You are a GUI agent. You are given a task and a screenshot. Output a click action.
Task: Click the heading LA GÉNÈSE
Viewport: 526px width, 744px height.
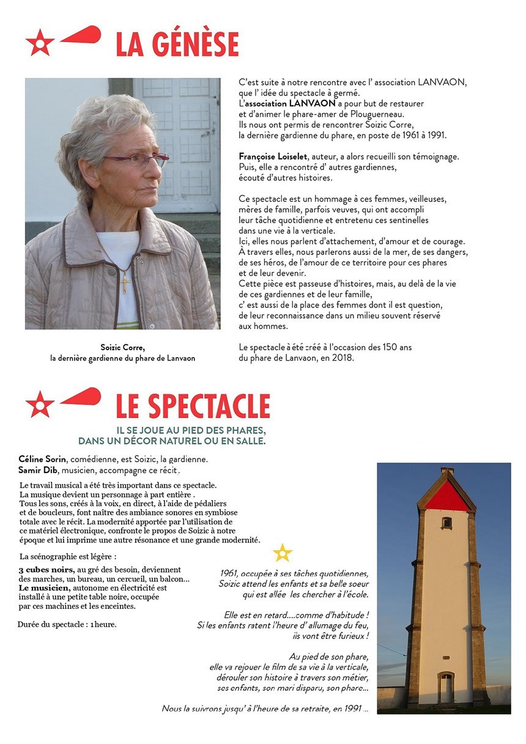(177, 45)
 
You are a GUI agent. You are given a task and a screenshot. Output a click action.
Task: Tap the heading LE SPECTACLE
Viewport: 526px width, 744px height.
(193, 407)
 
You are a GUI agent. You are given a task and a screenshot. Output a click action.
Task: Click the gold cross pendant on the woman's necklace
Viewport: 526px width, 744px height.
(125, 284)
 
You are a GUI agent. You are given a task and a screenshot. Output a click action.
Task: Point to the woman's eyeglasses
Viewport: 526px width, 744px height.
(138, 161)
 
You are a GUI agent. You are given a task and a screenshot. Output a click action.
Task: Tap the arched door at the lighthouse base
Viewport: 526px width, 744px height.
(446, 688)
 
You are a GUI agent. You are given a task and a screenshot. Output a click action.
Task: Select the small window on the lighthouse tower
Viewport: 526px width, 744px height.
(446, 523)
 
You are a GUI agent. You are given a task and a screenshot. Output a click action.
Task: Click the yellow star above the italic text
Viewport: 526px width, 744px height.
(283, 553)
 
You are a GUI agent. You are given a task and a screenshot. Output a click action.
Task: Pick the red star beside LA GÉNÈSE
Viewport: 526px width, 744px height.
(40, 43)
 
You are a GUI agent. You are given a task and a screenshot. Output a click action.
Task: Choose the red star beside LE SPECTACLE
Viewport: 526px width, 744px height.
(40, 405)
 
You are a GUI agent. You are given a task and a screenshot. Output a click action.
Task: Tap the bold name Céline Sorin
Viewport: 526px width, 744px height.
(42, 459)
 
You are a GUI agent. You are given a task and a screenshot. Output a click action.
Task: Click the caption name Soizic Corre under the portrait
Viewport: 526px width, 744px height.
(122, 347)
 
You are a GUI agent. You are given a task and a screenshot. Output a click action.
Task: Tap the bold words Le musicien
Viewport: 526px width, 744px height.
(44, 587)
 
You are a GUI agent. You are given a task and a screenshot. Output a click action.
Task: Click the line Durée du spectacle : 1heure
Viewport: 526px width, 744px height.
(67, 624)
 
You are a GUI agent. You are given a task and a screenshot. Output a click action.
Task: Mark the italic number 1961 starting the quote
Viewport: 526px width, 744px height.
(229, 573)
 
